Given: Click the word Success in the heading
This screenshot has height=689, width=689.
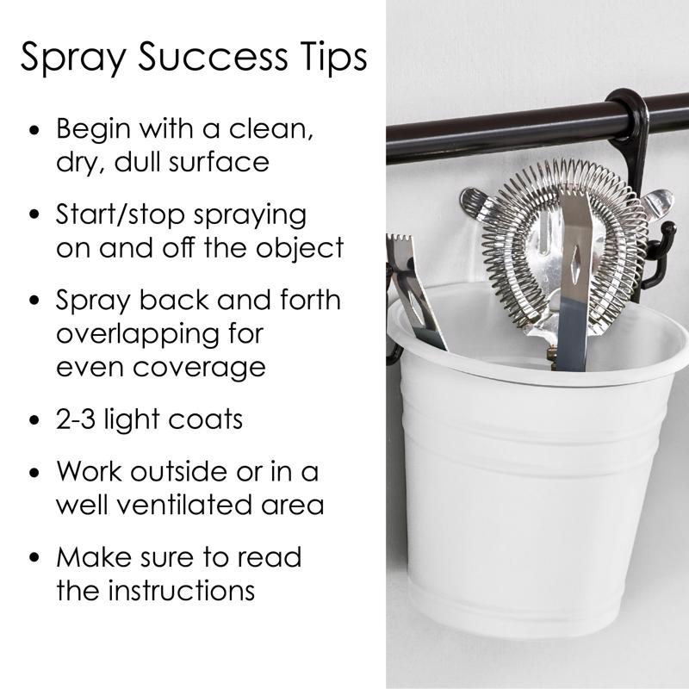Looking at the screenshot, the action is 213,56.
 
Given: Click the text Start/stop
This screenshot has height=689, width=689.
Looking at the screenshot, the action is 121,214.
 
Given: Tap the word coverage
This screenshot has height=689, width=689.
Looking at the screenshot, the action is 199,369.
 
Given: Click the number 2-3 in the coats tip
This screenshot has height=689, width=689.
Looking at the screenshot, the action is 76,419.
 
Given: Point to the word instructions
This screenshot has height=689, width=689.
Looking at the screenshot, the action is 182,590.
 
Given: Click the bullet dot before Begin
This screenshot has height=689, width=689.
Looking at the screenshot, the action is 34,131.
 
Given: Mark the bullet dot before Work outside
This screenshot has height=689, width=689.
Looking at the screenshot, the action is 34,473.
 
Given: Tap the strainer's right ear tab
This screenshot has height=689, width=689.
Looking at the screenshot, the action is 657,202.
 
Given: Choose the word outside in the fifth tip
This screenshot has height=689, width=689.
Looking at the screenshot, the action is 178,472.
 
